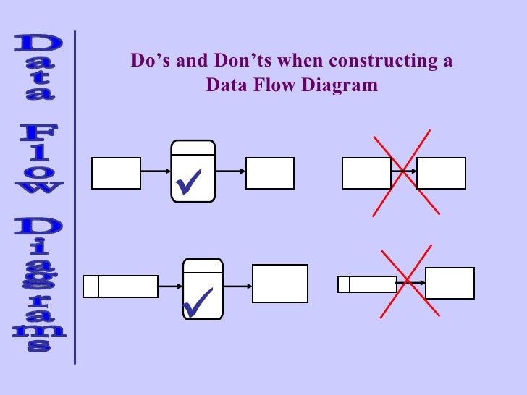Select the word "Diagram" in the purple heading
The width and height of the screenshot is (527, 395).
339,85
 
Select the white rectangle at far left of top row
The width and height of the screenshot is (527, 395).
116,174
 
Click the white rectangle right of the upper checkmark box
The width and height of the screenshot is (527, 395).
270,174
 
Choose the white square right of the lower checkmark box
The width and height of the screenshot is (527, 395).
280,283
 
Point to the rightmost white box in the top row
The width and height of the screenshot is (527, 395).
441,173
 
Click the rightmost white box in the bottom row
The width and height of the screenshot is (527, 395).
450,283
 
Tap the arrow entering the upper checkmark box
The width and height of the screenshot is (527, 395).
155,172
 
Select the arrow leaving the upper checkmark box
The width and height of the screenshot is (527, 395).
230,172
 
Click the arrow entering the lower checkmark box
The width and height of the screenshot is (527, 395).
169,286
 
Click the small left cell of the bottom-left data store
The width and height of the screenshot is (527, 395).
90,286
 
